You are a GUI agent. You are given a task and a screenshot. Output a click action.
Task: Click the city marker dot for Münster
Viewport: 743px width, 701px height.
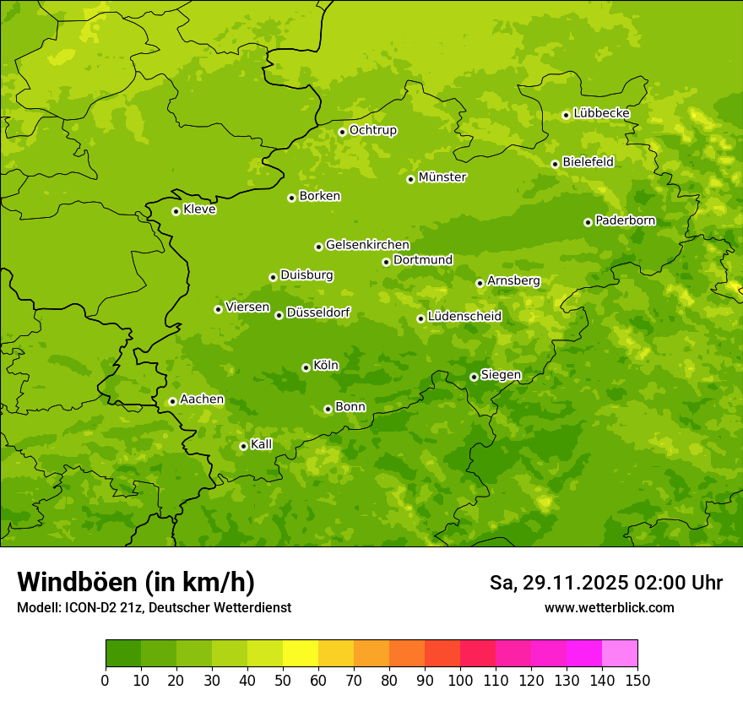[410, 179]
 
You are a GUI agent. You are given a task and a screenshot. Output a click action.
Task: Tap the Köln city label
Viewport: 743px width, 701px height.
[325, 366]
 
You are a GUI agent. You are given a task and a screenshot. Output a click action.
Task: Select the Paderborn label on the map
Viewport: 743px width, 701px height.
[625, 220]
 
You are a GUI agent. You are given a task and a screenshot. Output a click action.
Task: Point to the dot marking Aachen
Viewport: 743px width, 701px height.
[172, 401]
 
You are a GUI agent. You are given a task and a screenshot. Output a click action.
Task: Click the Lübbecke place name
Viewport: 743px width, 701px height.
[601, 113]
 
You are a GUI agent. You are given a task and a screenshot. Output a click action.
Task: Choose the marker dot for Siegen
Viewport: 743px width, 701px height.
[474, 377]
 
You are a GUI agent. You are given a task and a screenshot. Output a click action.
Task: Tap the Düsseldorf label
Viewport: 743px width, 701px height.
[317, 312]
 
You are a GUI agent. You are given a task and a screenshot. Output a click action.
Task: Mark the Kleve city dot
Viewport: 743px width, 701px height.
[176, 211]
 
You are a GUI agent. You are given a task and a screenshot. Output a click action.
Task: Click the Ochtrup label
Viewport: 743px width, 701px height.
[372, 130]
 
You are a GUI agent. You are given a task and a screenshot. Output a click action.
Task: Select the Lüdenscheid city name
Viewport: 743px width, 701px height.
[464, 317]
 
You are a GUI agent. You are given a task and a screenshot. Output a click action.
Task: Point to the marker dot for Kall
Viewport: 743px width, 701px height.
[243, 446]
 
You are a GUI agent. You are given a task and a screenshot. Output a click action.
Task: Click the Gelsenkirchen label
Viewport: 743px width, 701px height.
[367, 245]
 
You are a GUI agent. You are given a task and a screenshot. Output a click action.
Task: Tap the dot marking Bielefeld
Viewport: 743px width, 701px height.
[555, 164]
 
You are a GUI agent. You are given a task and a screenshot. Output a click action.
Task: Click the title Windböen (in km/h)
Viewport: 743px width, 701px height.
[136, 583]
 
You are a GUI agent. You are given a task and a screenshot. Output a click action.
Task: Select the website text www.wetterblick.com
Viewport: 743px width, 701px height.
[609, 608]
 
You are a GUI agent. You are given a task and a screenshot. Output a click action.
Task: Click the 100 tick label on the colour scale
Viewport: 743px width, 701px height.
[460, 680]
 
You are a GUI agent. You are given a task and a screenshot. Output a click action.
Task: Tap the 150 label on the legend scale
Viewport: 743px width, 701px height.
[637, 680]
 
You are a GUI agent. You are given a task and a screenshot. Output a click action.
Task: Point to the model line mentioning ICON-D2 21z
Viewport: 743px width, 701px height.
[154, 608]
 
